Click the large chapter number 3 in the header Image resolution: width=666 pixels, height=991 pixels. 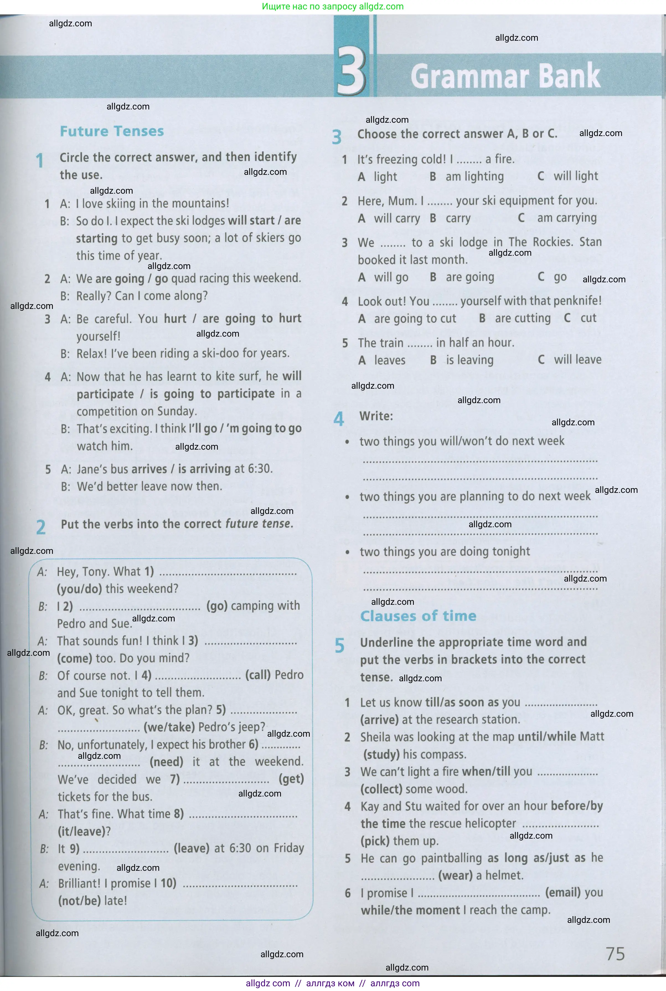point(350,73)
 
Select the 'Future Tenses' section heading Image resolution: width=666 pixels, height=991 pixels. point(112,131)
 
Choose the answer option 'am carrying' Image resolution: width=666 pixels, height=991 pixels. point(567,218)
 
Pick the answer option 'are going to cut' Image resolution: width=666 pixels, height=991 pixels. point(415,318)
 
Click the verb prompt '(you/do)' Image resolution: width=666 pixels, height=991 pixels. point(79,588)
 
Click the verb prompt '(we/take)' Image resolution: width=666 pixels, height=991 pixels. point(169,727)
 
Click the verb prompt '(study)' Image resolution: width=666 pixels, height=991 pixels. point(381,754)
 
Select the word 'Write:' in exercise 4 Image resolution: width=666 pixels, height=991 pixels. point(376,416)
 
